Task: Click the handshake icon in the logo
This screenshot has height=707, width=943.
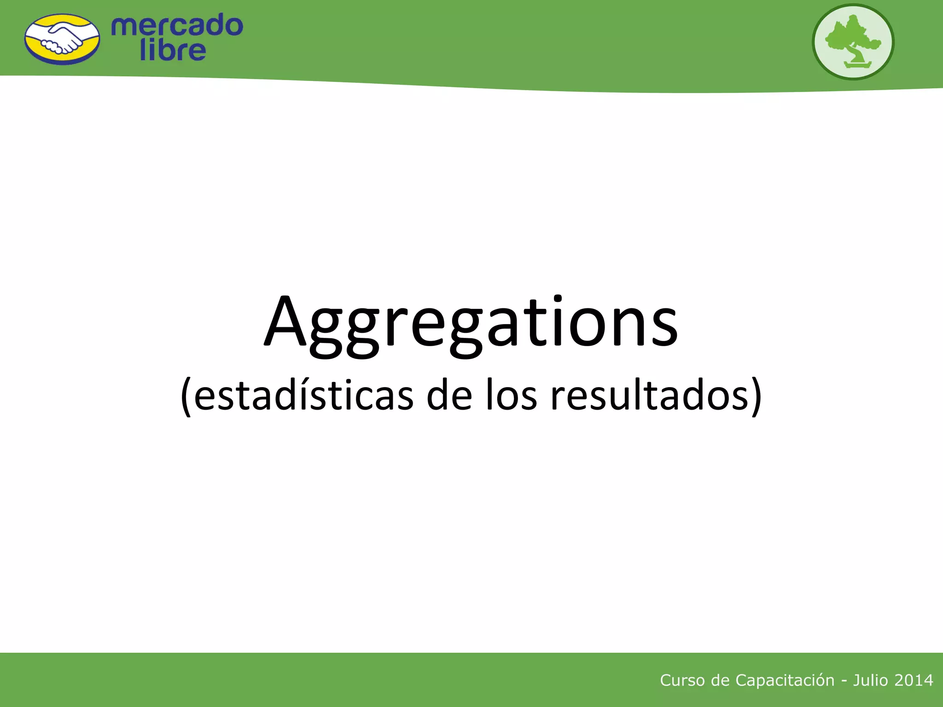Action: coord(62,39)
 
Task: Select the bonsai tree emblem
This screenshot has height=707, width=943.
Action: coord(853,41)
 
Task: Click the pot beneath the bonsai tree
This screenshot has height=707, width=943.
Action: coord(858,64)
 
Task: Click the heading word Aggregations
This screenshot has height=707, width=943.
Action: coord(471,322)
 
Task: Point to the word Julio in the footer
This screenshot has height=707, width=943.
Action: coord(870,680)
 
